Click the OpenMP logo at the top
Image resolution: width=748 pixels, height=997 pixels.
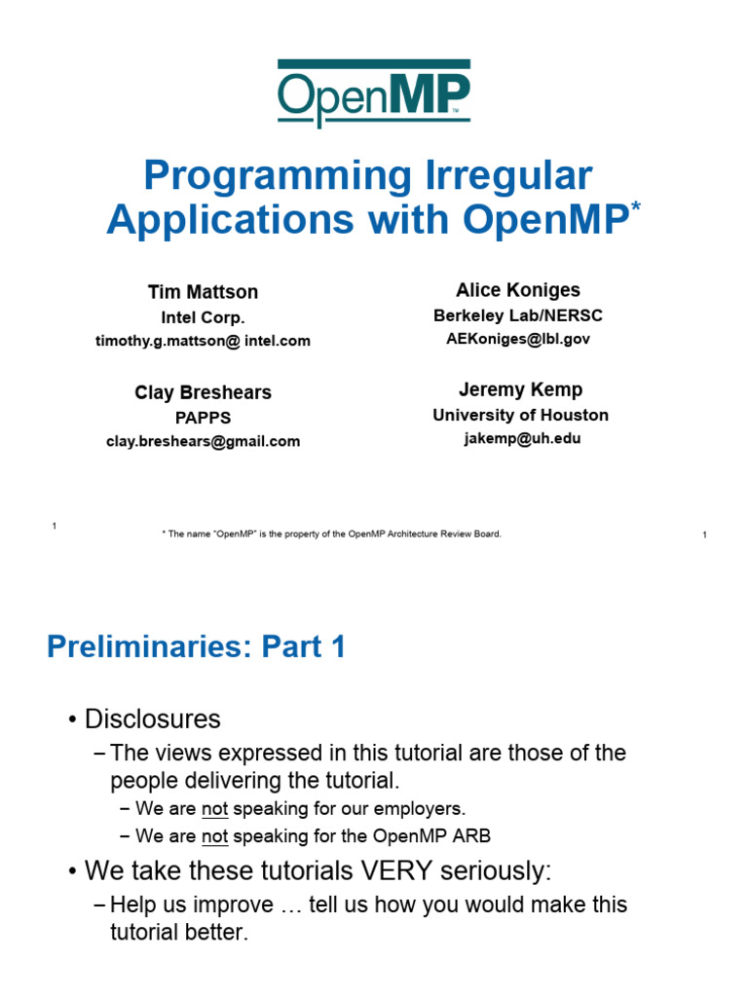[374, 92]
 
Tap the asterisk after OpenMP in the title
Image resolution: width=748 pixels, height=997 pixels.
[637, 209]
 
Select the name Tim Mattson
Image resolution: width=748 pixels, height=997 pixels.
[203, 292]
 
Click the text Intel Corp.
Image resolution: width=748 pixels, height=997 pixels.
[203, 317]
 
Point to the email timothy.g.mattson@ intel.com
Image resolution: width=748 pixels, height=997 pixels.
[203, 341]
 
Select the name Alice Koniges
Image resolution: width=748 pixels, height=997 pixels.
[518, 290]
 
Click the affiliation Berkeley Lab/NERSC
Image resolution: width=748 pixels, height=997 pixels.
[518, 315]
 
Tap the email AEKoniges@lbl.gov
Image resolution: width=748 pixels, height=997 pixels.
[518, 339]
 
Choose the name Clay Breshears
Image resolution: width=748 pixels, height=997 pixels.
[203, 392]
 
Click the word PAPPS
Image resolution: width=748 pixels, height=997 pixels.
[203, 418]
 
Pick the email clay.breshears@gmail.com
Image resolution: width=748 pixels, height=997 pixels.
[203, 441]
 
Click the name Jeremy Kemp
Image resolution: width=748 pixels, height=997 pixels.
[521, 389]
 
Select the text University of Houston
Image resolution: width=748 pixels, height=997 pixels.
[521, 415]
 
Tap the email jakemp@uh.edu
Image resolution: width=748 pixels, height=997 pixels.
[521, 438]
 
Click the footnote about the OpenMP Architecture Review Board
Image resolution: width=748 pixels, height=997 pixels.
[332, 534]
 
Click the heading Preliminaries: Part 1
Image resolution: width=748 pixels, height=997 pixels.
[196, 647]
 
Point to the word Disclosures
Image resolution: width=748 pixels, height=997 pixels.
[153, 720]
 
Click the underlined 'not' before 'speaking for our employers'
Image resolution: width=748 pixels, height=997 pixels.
[213, 808]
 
